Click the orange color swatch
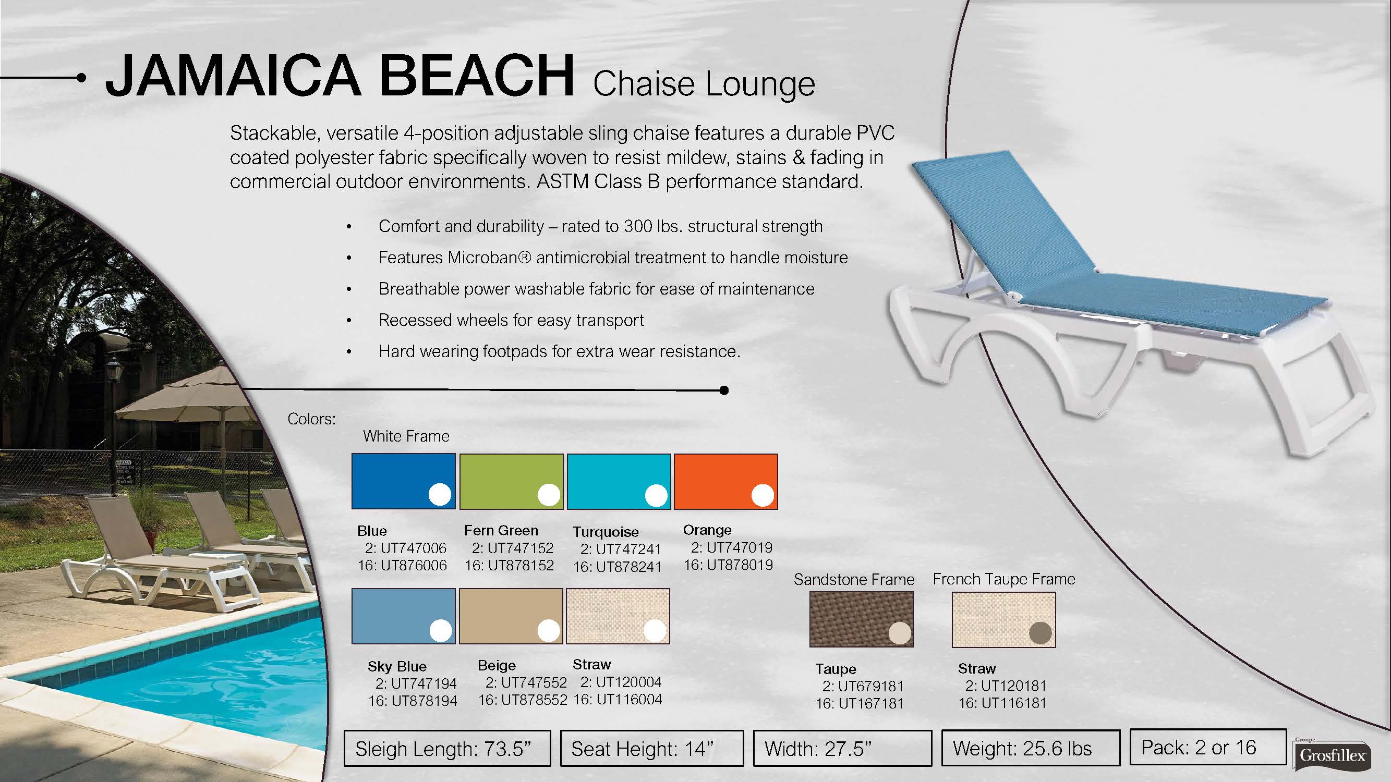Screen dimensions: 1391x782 pyautogui.click(x=725, y=481)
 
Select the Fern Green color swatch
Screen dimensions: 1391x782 pyautogui.click(x=511, y=481)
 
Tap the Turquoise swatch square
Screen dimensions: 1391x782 pyautogui.click(x=619, y=481)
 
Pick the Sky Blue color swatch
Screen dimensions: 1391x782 pyautogui.click(x=403, y=616)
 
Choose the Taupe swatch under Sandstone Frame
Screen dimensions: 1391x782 pyautogui.click(x=861, y=619)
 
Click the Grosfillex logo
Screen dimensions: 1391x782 pyautogui.click(x=1332, y=754)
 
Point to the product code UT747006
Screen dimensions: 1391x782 pyautogui.click(x=414, y=548)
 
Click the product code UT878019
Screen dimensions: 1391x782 pyautogui.click(x=740, y=565)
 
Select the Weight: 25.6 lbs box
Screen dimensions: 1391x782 pyautogui.click(x=1031, y=748)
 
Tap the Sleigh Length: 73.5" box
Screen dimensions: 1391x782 pyautogui.click(x=447, y=749)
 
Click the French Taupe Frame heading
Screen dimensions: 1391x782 pyautogui.click(x=1004, y=579)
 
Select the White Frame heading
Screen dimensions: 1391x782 pyautogui.click(x=406, y=436)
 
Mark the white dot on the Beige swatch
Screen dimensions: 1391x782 pyautogui.click(x=549, y=630)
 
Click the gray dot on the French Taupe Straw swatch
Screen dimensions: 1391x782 pyautogui.click(x=1041, y=633)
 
